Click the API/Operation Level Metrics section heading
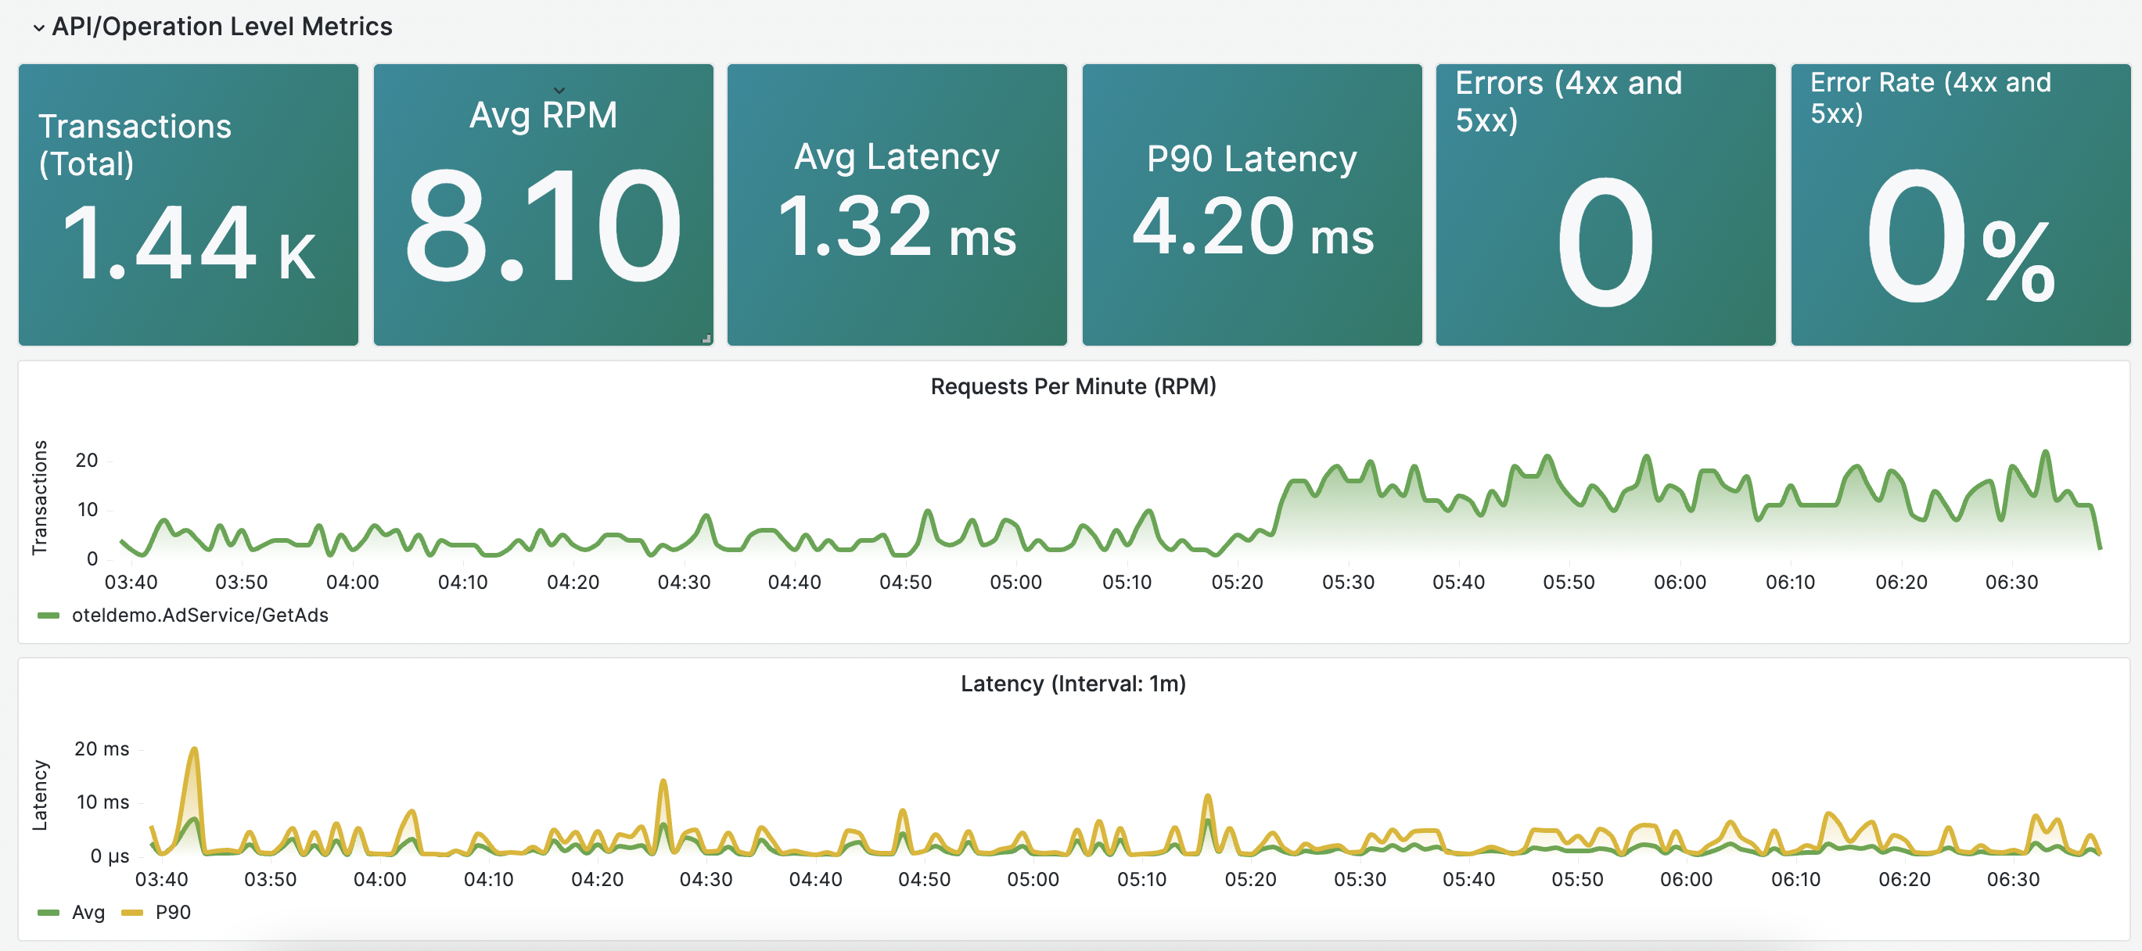point(221,27)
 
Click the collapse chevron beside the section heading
point(38,27)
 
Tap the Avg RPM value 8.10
point(543,226)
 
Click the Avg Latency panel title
point(897,156)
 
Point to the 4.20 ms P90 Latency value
point(1252,227)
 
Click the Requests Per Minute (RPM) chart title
point(1073,386)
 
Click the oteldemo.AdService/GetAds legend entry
point(199,615)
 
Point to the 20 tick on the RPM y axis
point(87,461)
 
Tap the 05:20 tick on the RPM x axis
point(1237,583)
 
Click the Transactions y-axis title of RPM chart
point(39,497)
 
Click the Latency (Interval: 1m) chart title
point(1073,684)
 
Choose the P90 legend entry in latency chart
point(172,912)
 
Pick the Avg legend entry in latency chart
point(88,912)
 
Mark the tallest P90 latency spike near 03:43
point(194,750)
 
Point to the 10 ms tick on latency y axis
point(102,802)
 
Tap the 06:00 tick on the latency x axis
point(1685,880)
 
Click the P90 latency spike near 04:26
point(663,781)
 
